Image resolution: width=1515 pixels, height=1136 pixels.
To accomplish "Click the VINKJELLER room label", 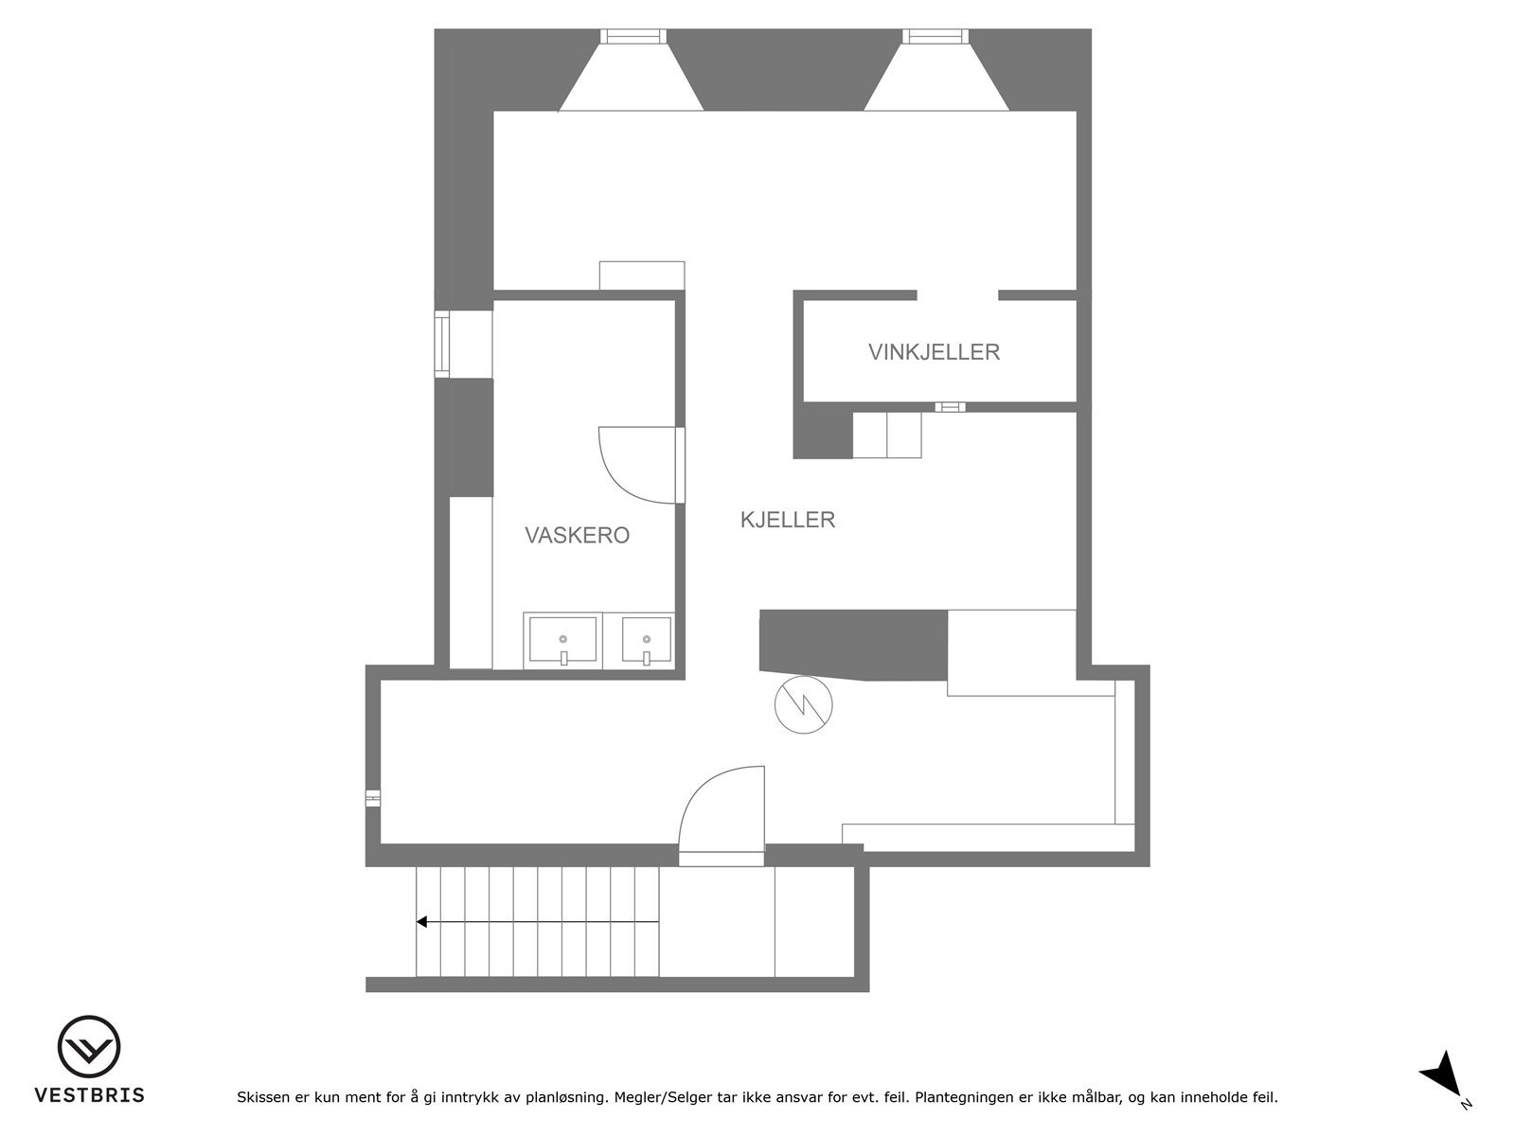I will coord(934,352).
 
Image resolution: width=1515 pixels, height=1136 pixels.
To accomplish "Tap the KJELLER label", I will coord(788,520).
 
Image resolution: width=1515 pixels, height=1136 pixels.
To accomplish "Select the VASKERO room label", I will coord(577,536).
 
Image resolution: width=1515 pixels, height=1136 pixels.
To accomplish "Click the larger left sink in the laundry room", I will coord(562,640).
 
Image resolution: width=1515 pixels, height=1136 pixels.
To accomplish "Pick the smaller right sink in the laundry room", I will coord(647,640).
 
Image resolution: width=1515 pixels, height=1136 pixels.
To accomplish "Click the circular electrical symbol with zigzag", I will coord(803,705).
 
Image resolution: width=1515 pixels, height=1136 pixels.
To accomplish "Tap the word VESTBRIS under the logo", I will coord(90,1095).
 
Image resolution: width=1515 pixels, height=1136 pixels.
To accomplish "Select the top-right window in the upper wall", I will coord(935,36).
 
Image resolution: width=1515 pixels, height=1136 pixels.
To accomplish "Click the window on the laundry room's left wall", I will coord(441,344).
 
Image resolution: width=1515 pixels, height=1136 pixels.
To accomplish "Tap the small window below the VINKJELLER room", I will coord(950,407).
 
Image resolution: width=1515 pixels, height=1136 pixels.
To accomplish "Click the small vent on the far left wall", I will coord(373,798).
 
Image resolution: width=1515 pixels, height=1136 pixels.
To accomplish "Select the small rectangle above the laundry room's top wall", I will coord(642,275).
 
